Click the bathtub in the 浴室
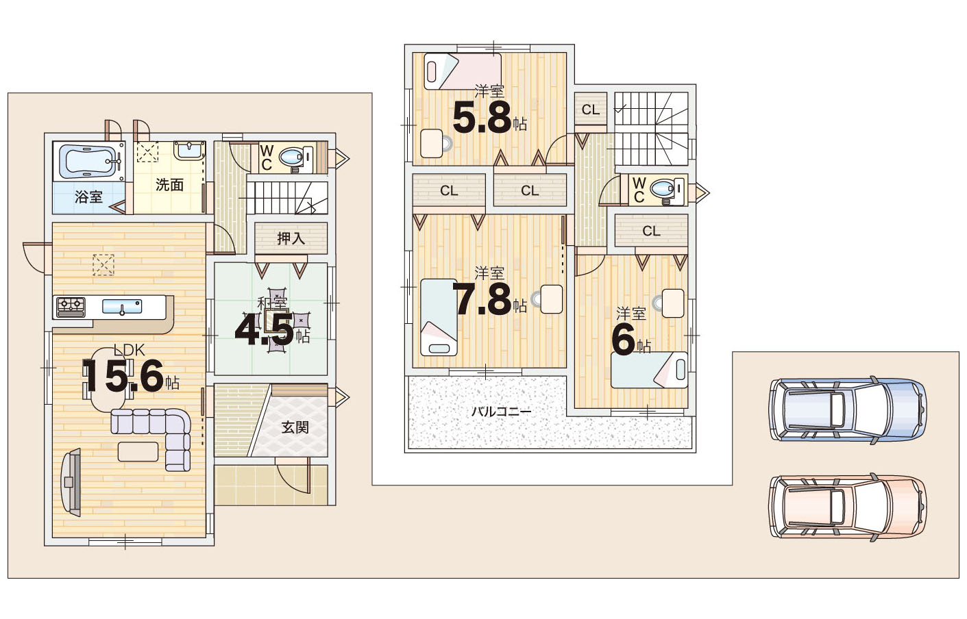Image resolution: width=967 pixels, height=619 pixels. click(x=88, y=162)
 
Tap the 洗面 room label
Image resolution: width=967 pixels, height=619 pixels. click(x=169, y=185)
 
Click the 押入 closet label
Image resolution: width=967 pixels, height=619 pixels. click(x=291, y=238)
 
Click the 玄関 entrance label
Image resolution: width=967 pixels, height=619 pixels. click(x=295, y=427)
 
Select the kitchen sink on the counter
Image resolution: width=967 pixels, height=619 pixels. click(x=122, y=307)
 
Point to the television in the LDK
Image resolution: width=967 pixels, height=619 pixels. click(x=72, y=482)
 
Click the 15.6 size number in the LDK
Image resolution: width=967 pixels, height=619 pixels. click(x=123, y=377)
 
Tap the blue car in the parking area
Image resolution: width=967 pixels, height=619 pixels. click(x=848, y=409)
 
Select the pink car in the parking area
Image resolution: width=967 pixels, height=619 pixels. click(x=848, y=507)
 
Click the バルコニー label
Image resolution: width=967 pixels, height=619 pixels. click(x=501, y=412)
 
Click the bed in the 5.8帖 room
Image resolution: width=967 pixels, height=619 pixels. click(x=463, y=71)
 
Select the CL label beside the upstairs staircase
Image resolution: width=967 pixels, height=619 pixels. click(x=591, y=110)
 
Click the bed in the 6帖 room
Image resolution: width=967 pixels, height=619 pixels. click(x=649, y=370)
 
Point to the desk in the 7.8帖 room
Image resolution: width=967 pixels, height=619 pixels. click(x=551, y=299)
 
